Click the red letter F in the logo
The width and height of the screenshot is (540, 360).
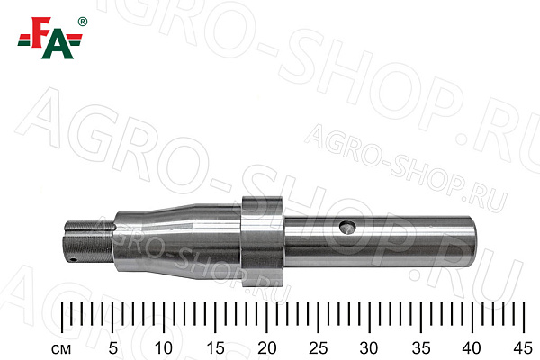pos(40,31)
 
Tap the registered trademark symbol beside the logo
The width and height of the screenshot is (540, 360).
pos(83,22)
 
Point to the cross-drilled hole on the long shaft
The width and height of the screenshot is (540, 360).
pos(347,228)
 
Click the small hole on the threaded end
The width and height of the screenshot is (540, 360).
pos(71,259)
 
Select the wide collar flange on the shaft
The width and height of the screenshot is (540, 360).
pos(263,241)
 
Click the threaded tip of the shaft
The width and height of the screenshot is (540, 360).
pos(88,242)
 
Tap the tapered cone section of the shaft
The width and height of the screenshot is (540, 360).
pos(177,241)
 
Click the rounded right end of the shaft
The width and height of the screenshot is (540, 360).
pos(472,242)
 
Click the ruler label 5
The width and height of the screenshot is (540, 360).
pos(113,348)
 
